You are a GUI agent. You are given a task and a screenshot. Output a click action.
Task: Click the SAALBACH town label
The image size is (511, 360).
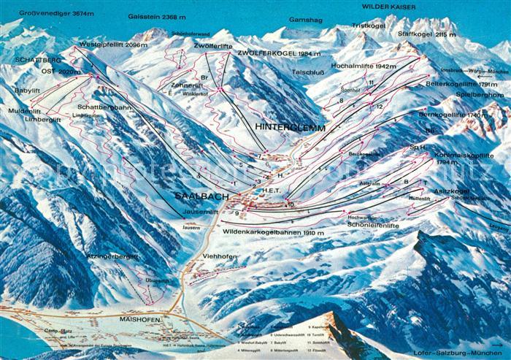(x=202, y=195)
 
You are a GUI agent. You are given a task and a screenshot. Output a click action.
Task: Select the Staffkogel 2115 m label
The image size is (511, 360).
(x=426, y=34)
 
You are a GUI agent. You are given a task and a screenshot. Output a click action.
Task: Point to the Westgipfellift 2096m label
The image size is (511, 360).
(x=113, y=45)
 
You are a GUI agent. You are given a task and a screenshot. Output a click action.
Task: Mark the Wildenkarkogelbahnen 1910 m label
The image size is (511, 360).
(x=273, y=231)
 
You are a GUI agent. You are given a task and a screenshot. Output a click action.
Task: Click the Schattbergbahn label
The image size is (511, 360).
(x=101, y=107)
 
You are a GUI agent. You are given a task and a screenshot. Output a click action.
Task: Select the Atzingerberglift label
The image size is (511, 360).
(x=112, y=256)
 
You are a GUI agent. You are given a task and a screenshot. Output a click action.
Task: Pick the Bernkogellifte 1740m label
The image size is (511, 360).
(x=453, y=115)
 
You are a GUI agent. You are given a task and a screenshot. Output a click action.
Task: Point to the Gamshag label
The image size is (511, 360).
(x=305, y=20)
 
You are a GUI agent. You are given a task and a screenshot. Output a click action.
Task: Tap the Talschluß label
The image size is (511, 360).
(x=308, y=72)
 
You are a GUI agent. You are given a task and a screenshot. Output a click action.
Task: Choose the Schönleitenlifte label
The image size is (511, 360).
(x=374, y=226)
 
